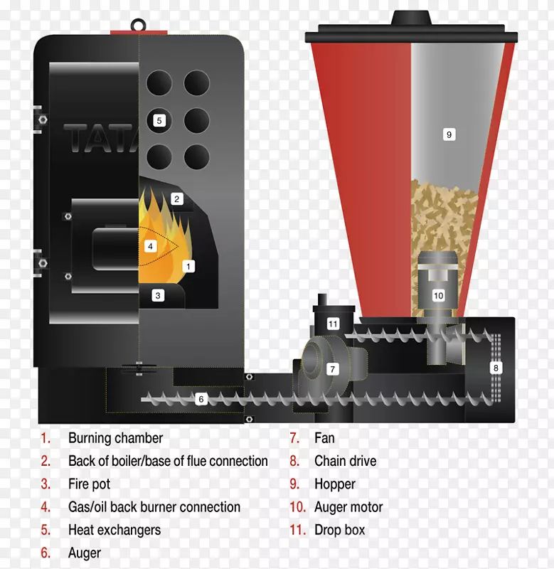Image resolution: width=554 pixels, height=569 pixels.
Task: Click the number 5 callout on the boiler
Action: (x=159, y=120)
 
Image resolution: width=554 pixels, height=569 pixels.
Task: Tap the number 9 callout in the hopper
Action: (x=449, y=134)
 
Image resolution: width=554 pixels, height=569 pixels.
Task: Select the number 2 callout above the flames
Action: (x=176, y=199)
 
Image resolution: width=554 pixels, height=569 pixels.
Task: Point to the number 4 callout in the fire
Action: (x=150, y=247)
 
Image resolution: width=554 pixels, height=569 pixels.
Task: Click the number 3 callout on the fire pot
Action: (x=158, y=295)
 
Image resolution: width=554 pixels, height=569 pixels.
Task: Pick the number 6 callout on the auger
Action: (x=201, y=400)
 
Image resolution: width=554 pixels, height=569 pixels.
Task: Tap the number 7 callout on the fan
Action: (x=333, y=369)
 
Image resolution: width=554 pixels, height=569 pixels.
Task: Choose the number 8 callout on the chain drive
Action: (x=496, y=368)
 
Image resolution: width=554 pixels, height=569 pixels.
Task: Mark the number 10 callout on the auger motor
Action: (x=438, y=295)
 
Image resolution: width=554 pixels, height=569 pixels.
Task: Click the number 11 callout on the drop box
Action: (x=333, y=324)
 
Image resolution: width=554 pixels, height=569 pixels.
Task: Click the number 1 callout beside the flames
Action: (x=188, y=266)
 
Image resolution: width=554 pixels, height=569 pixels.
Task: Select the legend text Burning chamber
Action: (x=116, y=438)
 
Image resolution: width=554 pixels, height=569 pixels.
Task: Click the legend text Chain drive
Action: (x=346, y=461)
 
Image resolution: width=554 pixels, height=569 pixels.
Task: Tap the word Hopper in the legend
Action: (x=335, y=484)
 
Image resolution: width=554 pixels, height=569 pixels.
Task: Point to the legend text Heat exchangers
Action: (x=114, y=530)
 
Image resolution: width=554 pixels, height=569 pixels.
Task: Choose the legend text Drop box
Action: (x=340, y=530)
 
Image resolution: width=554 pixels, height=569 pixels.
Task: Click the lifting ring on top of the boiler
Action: (x=138, y=26)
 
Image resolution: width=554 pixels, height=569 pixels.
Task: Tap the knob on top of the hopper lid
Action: (x=412, y=18)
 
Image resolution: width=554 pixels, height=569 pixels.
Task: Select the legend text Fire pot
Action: (x=89, y=484)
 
